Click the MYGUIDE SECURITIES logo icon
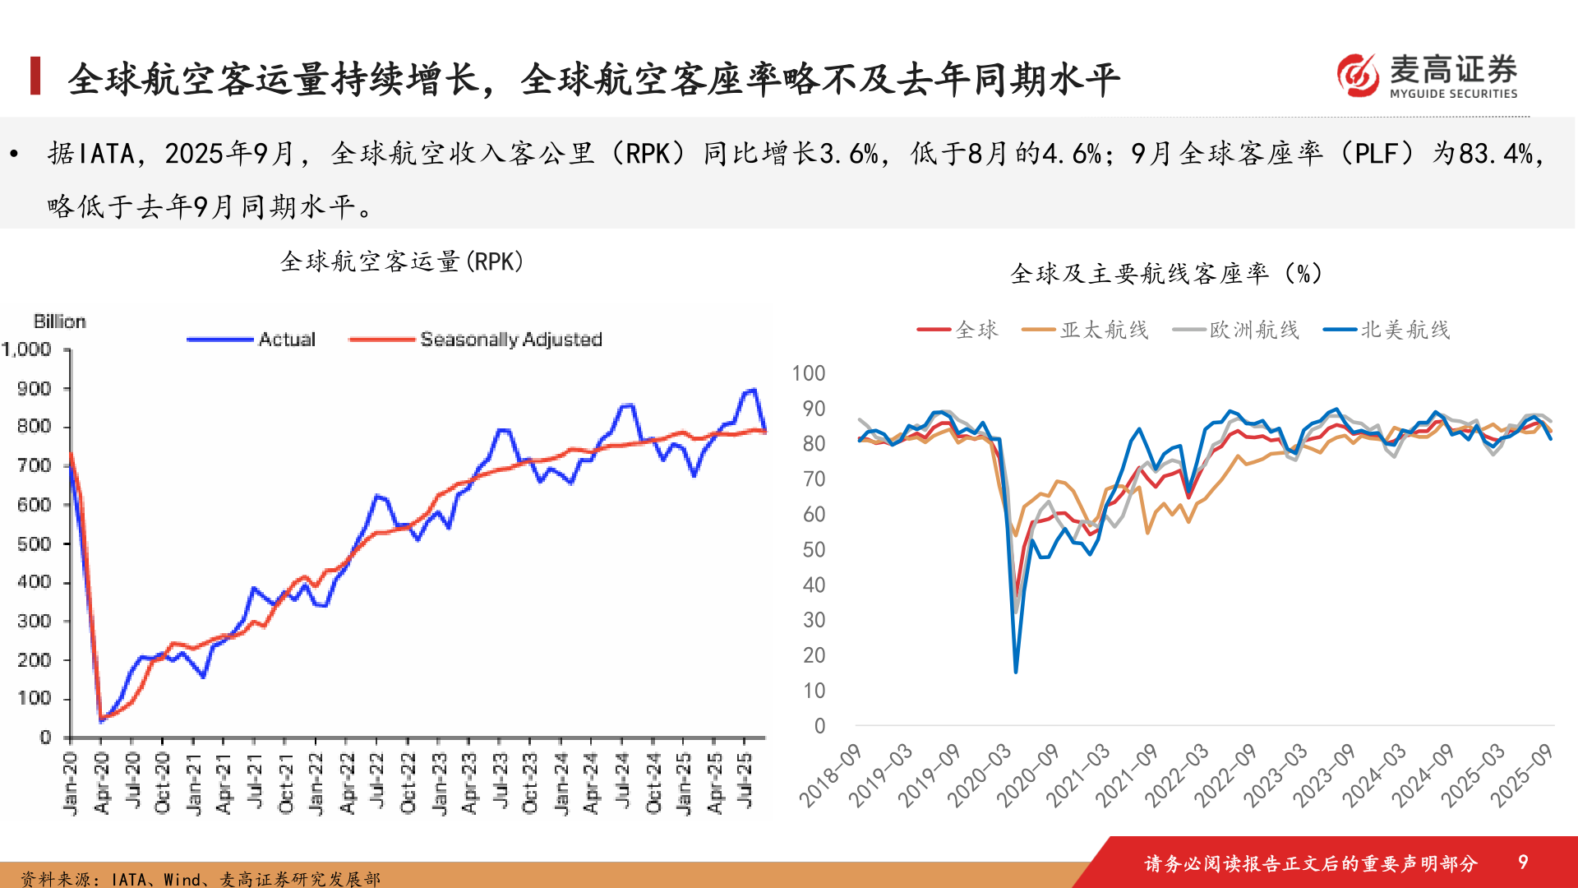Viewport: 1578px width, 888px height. click(1358, 75)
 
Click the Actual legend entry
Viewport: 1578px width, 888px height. click(286, 339)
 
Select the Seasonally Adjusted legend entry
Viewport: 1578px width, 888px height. click(510, 339)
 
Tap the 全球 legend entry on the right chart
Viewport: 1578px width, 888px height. click(976, 330)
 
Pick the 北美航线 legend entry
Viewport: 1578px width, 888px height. click(1405, 330)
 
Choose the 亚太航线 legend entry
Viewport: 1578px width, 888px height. click(1104, 330)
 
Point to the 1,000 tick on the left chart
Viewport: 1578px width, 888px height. click(27, 349)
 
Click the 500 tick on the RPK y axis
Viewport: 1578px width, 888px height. click(34, 543)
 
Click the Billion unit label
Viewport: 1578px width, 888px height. click(59, 321)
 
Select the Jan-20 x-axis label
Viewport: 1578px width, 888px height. click(71, 783)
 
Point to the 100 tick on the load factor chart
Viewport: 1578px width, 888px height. click(808, 373)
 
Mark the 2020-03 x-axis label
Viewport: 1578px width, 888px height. click(979, 775)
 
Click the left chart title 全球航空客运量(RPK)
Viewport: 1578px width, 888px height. click(402, 261)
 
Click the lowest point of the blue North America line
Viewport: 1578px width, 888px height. click(1016, 672)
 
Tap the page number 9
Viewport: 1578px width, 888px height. click(1522, 862)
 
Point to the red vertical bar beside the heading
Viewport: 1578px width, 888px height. click(35, 76)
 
